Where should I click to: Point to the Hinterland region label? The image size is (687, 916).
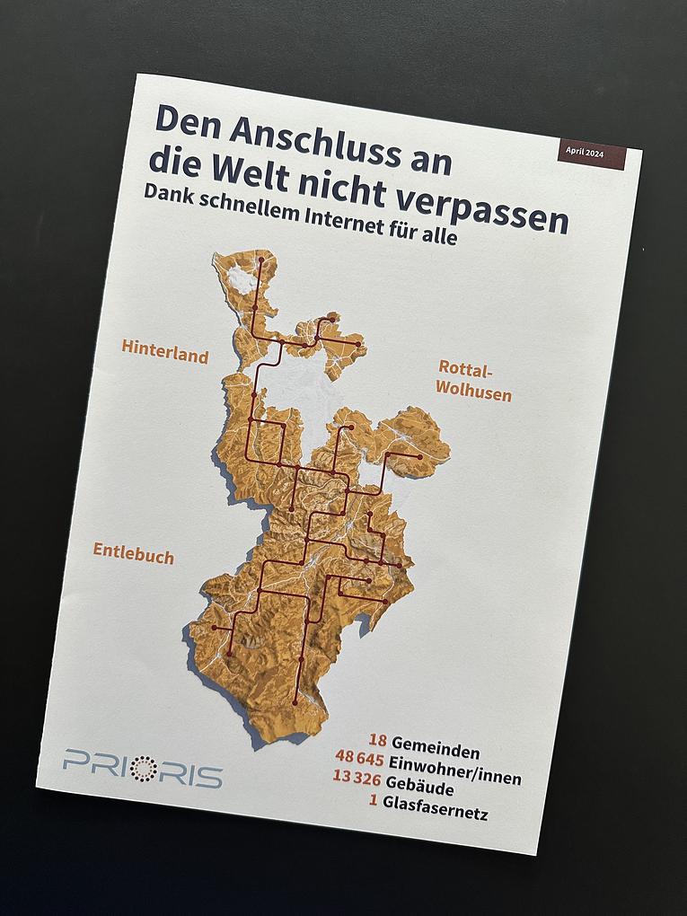tap(165, 351)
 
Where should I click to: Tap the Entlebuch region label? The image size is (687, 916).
tap(134, 552)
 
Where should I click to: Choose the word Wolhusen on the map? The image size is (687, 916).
tap(472, 392)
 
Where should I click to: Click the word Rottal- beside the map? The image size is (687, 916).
tap(465, 369)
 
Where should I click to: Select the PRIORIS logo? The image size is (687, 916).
tap(143, 769)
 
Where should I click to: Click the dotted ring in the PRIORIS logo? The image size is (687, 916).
tap(144, 769)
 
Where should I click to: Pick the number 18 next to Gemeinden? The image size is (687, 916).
tap(378, 741)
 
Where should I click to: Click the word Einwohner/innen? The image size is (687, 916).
tap(455, 771)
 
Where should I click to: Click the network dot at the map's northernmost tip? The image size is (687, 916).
tap(261, 260)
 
